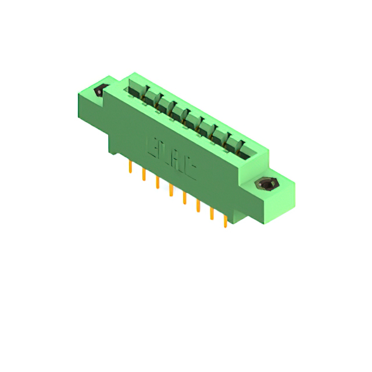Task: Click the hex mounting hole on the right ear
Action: (266, 185)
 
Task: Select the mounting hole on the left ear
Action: (99, 91)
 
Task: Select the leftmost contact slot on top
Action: (135, 90)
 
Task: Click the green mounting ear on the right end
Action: (273, 192)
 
